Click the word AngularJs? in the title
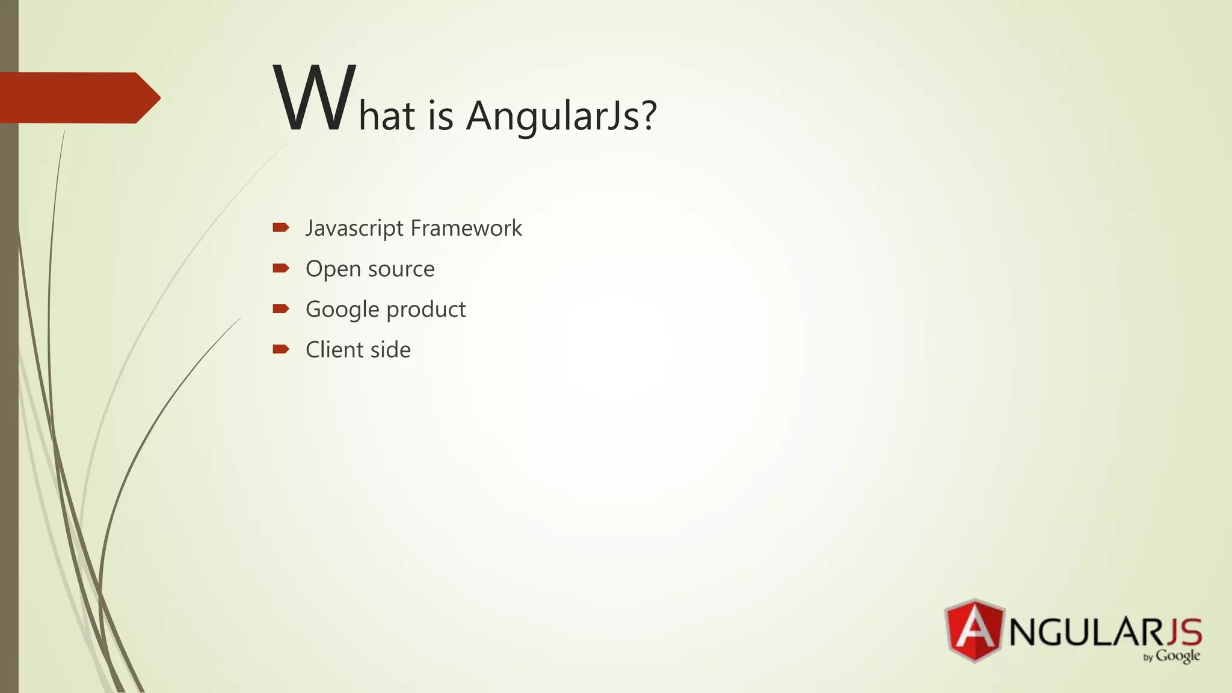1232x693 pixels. click(x=561, y=115)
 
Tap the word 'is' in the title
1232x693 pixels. click(x=440, y=115)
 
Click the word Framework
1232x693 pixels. click(x=466, y=228)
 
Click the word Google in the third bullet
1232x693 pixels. click(x=342, y=310)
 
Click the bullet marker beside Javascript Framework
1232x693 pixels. click(x=281, y=227)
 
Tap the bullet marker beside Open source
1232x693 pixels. click(x=281, y=268)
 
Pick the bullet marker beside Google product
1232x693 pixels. click(x=281, y=309)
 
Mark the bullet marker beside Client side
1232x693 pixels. click(x=281, y=349)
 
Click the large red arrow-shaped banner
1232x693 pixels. click(x=78, y=98)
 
